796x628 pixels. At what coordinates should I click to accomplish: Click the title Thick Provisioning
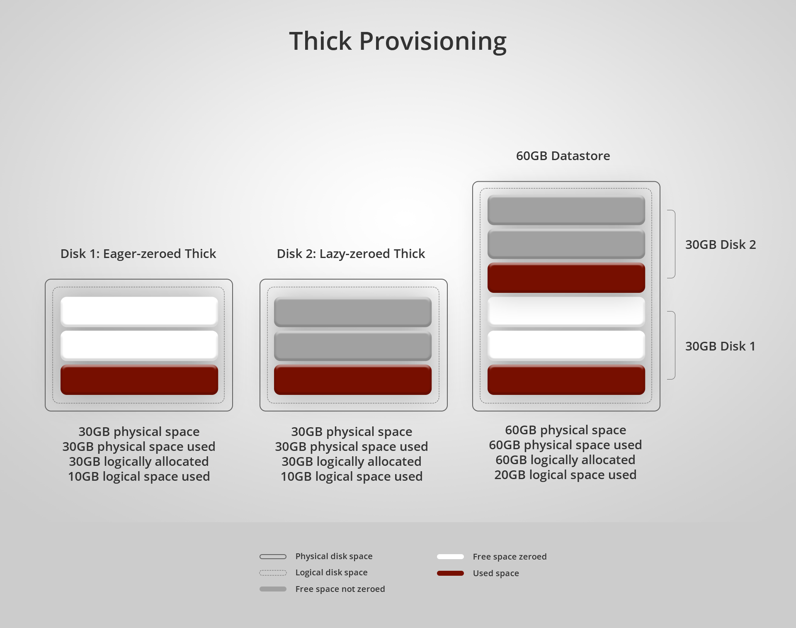[x=398, y=41]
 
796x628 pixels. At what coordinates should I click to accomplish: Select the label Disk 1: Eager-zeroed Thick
[x=138, y=253]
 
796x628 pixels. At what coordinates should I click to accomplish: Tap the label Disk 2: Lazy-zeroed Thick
[x=351, y=253]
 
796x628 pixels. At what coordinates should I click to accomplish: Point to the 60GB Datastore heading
[x=563, y=156]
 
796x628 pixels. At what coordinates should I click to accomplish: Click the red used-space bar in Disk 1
[x=139, y=380]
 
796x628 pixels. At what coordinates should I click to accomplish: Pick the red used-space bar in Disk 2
[x=352, y=380]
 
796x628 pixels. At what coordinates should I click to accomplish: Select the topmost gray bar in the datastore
[x=566, y=210]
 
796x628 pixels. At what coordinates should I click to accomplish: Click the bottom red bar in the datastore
[x=566, y=380]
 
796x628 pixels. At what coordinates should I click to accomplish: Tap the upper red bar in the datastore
[x=566, y=277]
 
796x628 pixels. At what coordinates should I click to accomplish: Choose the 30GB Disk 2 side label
[x=720, y=244]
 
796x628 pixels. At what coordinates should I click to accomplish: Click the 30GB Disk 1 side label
[x=720, y=346]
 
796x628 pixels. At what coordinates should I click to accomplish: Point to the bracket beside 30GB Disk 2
[x=672, y=244]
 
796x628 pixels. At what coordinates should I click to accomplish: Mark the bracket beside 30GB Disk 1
[x=672, y=345]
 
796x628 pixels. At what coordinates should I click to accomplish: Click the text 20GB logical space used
[x=565, y=475]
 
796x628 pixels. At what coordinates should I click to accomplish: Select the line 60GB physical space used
[x=565, y=445]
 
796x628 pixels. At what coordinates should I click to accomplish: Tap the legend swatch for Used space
[x=450, y=573]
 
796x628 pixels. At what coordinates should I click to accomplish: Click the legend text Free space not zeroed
[x=340, y=589]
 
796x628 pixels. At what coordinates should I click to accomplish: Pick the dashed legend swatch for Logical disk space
[x=273, y=573]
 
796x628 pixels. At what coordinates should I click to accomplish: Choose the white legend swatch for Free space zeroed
[x=450, y=557]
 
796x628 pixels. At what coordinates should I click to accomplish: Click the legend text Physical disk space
[x=334, y=556]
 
